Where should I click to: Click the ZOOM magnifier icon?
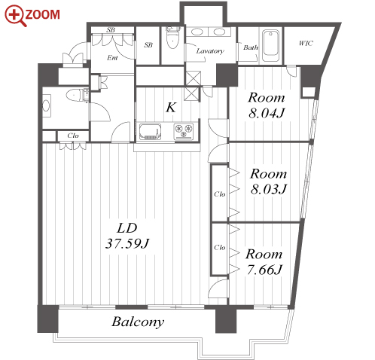point(15,16)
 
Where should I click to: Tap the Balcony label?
point(138,322)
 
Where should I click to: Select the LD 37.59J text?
point(127,236)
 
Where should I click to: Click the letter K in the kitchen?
point(171,108)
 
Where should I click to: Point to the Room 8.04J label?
point(267,105)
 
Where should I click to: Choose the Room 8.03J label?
point(268,182)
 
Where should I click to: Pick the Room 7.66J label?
point(264,262)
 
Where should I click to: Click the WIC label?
point(306,44)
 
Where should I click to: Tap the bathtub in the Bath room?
point(270,46)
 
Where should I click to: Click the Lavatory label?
point(210,51)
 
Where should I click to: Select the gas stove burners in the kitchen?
point(184,131)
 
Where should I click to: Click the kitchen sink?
point(150,131)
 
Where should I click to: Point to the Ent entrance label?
point(112,58)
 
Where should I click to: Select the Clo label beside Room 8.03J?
point(219,194)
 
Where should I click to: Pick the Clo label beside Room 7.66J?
point(219,248)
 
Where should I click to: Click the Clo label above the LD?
point(73,136)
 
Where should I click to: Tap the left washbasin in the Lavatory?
point(197,32)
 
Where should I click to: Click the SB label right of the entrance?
point(148,45)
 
